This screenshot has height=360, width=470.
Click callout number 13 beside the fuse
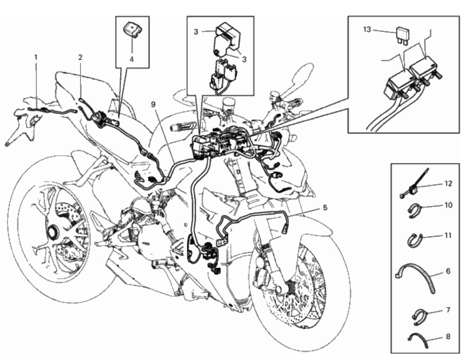pos(367,30)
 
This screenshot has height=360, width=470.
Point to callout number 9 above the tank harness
pos(153,104)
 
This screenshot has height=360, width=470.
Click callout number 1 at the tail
pos(36,57)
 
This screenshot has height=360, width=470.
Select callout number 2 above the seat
pos(80,57)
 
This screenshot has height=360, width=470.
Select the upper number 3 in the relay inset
pos(197,31)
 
